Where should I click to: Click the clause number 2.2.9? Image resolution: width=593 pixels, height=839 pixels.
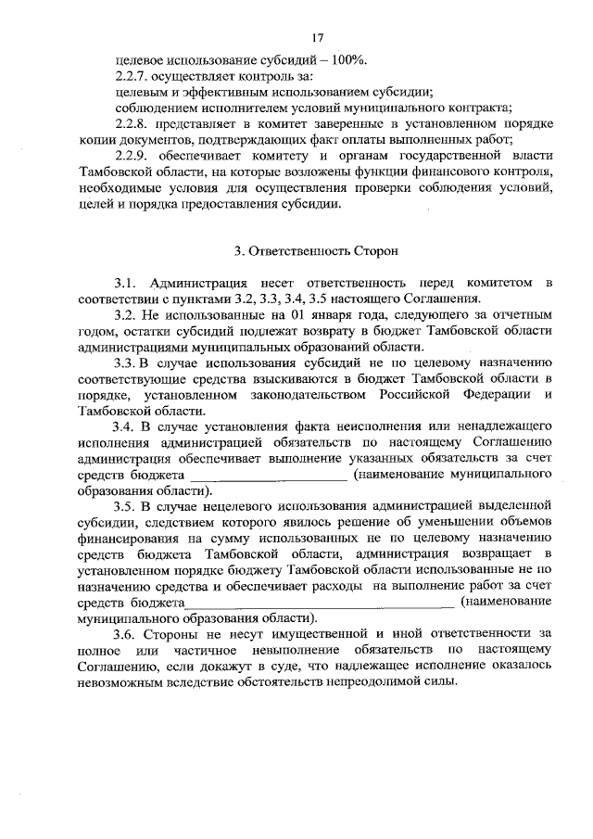[x=135, y=156]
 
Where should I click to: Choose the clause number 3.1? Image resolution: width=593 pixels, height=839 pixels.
[x=126, y=282]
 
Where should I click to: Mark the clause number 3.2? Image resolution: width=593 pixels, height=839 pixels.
[x=126, y=314]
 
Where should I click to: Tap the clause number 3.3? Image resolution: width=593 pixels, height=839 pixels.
[x=126, y=363]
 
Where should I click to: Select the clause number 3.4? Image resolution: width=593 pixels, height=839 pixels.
[x=126, y=426]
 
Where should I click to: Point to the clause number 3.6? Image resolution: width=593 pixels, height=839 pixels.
[x=126, y=633]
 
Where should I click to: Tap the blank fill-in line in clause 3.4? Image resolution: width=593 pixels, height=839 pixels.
[x=269, y=476]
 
